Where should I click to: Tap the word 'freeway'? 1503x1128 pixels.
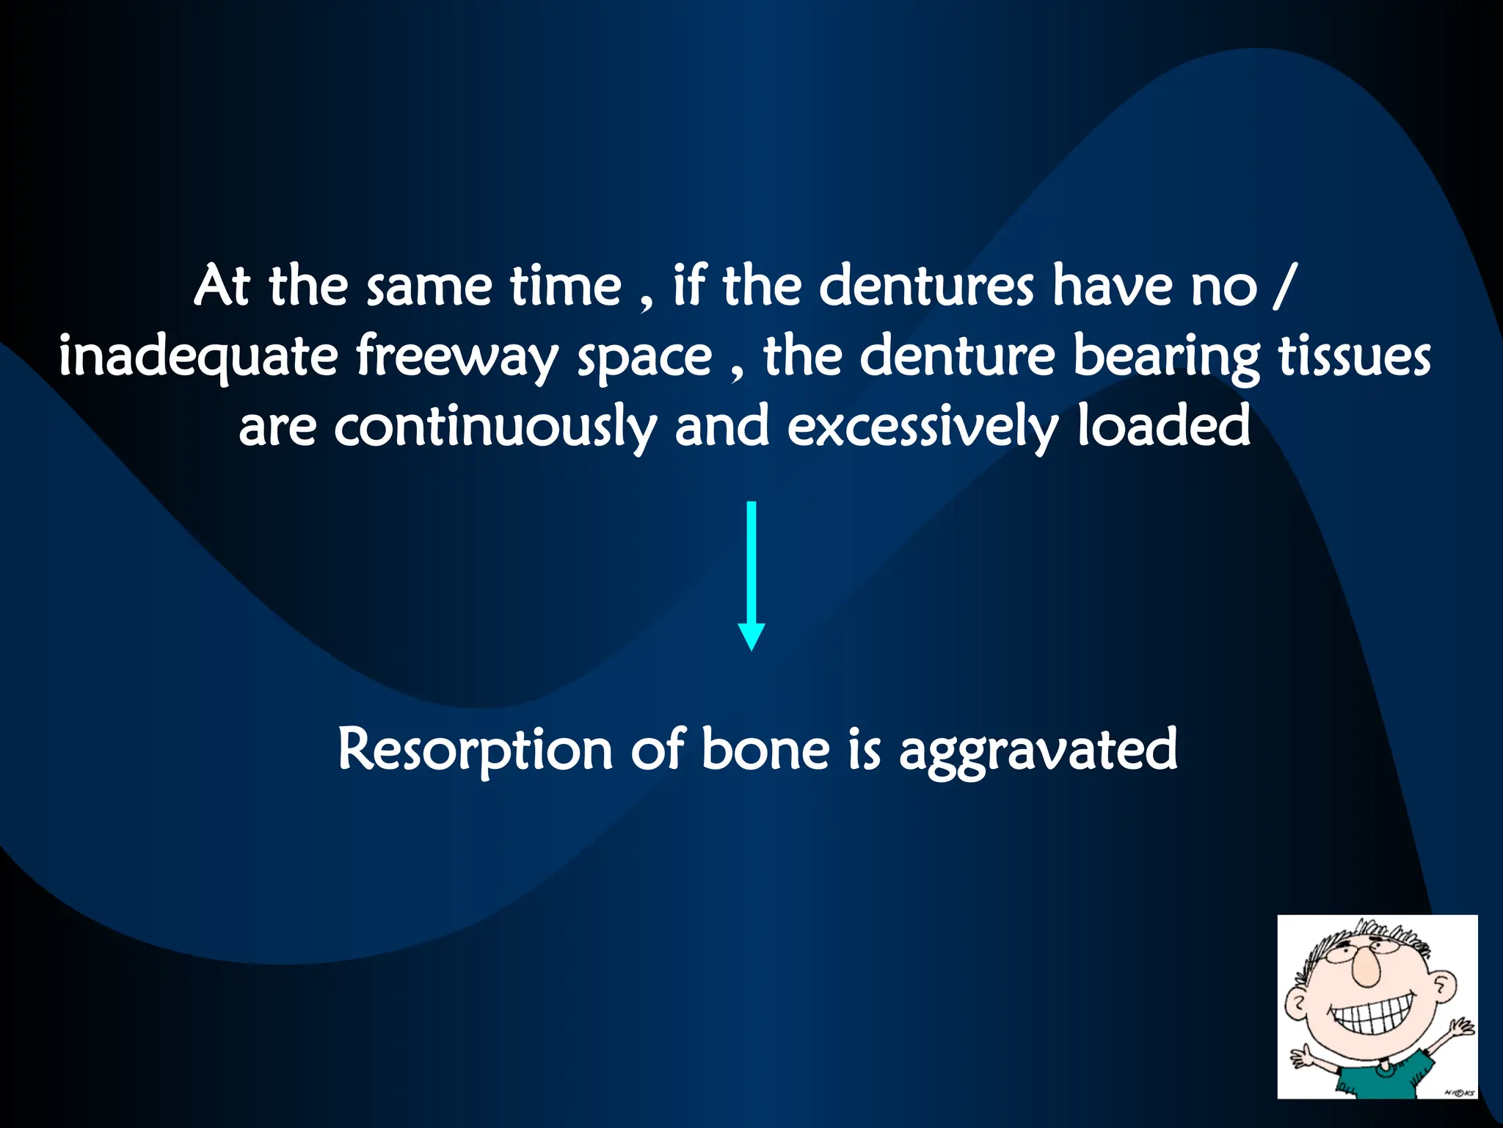coord(456,358)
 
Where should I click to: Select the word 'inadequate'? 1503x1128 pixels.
coord(198,358)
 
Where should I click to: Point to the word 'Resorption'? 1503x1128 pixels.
coord(475,750)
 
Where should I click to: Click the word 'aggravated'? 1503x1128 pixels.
coord(1038,751)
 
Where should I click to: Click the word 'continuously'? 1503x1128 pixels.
coord(495,428)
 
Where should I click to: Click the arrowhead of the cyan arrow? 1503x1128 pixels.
coord(751,635)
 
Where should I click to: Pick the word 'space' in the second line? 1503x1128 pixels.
coord(644,358)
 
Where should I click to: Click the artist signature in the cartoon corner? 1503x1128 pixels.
coord(1459,1093)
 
